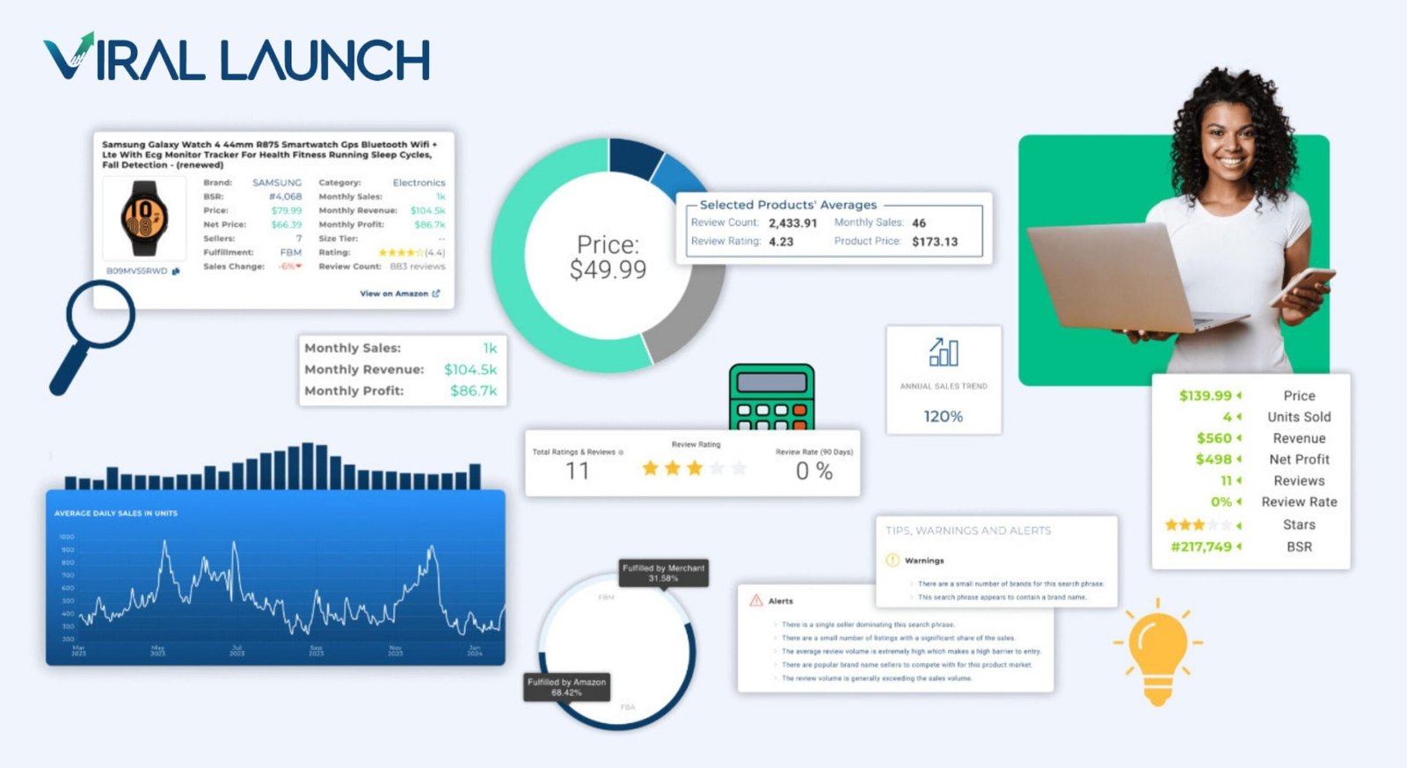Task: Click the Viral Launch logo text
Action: click(x=237, y=60)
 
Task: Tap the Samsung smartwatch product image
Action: click(x=144, y=218)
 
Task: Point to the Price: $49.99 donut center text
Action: click(x=608, y=257)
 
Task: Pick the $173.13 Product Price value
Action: click(x=935, y=241)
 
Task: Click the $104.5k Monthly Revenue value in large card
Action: click(x=470, y=369)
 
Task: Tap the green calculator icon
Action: click(x=771, y=397)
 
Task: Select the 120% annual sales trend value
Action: click(x=943, y=416)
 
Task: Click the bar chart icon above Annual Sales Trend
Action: click(x=944, y=352)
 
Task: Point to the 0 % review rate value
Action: click(x=813, y=472)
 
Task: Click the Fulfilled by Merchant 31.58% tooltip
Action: click(x=663, y=573)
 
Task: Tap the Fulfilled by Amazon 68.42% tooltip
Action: click(x=566, y=687)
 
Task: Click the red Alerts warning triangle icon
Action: click(x=755, y=601)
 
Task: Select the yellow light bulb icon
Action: click(x=1157, y=651)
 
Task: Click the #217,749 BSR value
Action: click(x=1201, y=547)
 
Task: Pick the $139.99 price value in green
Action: click(x=1206, y=396)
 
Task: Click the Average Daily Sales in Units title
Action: click(x=116, y=513)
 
